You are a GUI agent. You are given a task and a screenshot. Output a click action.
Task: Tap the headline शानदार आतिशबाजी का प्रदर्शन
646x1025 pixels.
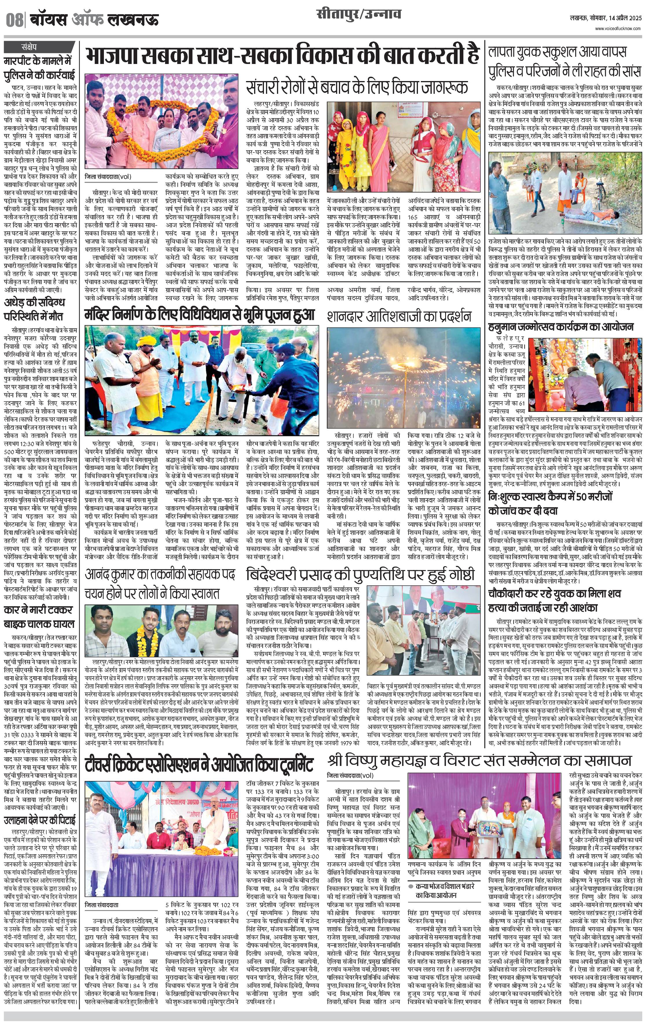tap(399, 316)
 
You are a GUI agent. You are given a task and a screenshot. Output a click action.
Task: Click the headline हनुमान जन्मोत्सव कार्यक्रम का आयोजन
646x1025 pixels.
tap(560, 327)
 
